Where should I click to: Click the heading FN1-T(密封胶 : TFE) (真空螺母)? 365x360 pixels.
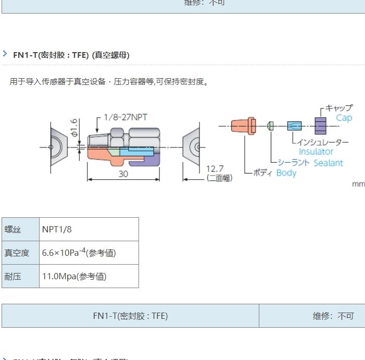(71, 55)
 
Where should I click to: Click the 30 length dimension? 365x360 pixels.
(123, 174)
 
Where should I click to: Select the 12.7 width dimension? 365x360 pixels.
(215, 169)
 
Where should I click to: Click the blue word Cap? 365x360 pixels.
(344, 118)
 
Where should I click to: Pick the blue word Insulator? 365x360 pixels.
(316, 152)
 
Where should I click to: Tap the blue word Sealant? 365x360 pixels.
(328, 163)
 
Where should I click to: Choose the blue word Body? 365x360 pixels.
(286, 173)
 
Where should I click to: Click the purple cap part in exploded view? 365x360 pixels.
(320, 126)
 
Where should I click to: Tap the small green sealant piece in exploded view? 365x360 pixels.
(270, 126)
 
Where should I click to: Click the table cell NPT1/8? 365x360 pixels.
(56, 229)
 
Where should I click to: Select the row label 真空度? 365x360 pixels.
(16, 253)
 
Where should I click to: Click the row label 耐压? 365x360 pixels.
(12, 276)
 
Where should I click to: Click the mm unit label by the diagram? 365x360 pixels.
(358, 184)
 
